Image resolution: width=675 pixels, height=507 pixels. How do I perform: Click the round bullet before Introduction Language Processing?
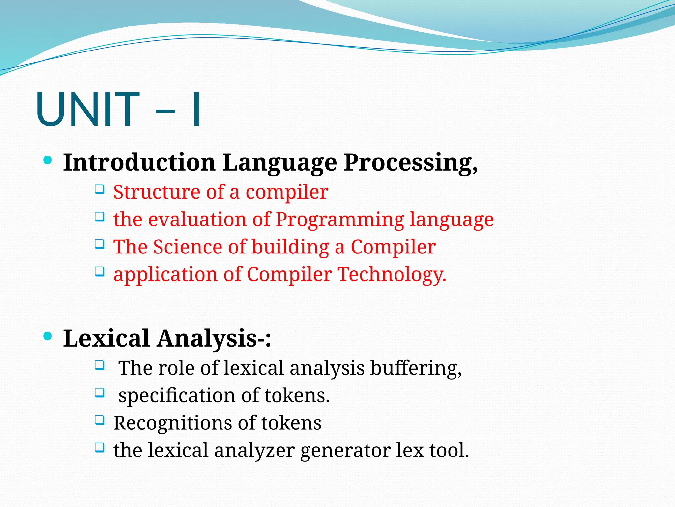[x=48, y=161]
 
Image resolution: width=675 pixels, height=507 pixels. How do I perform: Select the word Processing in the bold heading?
[x=410, y=163]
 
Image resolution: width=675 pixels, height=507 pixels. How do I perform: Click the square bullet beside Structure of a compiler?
[x=100, y=189]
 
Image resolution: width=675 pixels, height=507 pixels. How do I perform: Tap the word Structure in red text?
[x=157, y=192]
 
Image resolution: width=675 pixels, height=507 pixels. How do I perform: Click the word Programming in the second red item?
[x=340, y=220]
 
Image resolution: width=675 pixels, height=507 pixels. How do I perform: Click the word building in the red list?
[x=290, y=247]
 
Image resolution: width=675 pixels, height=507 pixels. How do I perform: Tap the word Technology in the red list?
[x=392, y=274]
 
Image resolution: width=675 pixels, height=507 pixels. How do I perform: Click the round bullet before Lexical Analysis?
[x=48, y=336]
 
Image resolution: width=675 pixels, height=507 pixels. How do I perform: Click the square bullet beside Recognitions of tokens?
[x=100, y=420]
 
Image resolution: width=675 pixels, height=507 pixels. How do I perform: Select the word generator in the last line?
[x=345, y=450]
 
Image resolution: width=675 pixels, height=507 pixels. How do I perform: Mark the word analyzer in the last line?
[x=254, y=450]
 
